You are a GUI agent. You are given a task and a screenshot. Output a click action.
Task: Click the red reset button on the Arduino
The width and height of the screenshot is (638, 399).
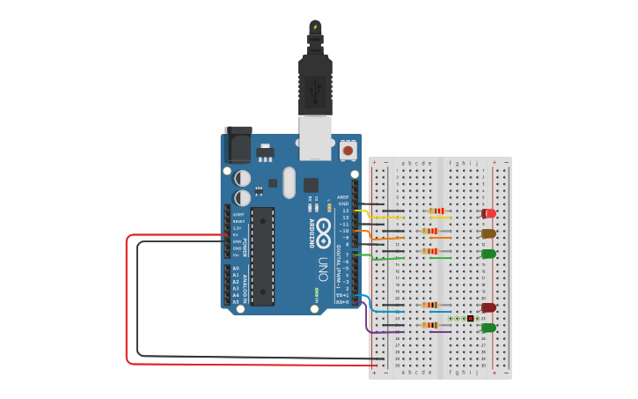[348, 151]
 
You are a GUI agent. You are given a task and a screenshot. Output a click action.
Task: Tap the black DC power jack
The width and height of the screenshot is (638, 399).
[238, 143]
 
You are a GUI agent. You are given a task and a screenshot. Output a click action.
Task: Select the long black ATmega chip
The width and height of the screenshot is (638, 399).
[261, 255]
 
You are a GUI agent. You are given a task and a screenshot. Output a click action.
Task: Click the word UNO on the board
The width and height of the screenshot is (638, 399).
[323, 264]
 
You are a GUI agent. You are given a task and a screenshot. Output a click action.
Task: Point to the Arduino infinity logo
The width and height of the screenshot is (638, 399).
[322, 226]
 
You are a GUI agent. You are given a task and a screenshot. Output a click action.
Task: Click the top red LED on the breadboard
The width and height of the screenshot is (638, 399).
[488, 213]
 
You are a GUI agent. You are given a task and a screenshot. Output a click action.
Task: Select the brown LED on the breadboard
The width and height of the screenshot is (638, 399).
[488, 233]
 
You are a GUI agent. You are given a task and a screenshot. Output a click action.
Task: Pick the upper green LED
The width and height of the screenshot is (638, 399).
[488, 254]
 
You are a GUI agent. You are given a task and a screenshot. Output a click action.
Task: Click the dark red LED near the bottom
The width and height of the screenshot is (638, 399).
[488, 307]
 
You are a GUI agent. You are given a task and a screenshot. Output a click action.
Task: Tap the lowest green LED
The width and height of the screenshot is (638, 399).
[488, 328]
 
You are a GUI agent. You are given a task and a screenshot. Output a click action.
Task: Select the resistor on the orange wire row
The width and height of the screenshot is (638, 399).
[430, 232]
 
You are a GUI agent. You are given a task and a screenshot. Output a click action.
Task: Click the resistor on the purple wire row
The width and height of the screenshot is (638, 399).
[430, 325]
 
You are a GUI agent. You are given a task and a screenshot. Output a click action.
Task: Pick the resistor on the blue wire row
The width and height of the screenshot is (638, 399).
[430, 305]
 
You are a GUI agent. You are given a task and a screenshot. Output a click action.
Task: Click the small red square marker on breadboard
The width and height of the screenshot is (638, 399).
[471, 318]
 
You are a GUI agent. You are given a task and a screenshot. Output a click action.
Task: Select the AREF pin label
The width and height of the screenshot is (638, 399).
[343, 197]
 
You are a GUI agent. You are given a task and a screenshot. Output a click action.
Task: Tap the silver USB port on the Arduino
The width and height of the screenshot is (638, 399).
[316, 137]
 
